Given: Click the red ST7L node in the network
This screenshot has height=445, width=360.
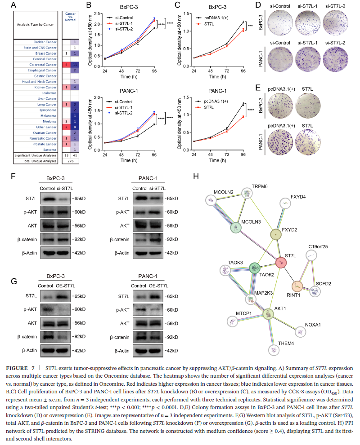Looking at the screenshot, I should point(281,263).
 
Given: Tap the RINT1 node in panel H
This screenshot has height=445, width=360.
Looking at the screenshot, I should point(297,286).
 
